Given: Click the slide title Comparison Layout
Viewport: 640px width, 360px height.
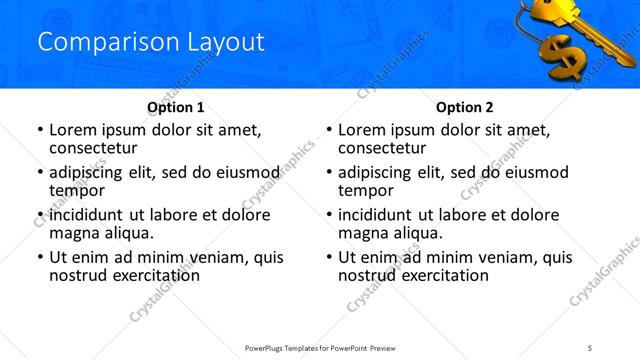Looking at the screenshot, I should (150, 42).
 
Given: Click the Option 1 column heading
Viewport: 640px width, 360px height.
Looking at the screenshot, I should (176, 107).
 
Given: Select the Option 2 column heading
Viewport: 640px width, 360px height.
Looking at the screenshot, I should (464, 107).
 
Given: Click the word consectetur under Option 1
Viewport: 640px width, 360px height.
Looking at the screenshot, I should (93, 147).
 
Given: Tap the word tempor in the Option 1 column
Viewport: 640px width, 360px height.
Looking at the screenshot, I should (77, 190).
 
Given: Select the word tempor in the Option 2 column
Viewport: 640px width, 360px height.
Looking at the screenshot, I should (366, 190).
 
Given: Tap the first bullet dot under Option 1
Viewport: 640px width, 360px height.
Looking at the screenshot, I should (40, 130).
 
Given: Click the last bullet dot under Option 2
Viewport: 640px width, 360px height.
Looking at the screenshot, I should (329, 257).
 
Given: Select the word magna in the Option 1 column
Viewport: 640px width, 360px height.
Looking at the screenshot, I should (73, 233).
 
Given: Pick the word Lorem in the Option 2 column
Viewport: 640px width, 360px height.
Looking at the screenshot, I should (360, 129).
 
